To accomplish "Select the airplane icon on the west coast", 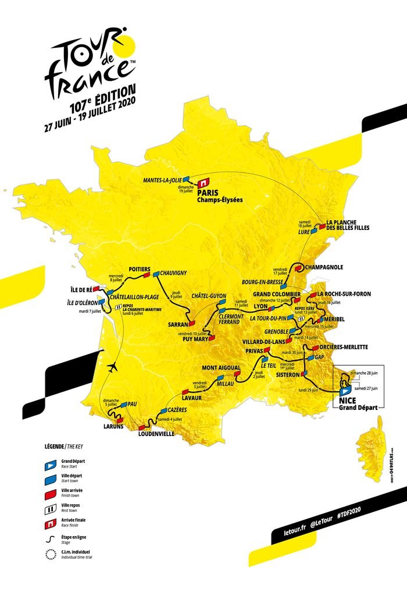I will [x=113, y=366].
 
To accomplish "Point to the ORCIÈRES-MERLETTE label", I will [x=342, y=347].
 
